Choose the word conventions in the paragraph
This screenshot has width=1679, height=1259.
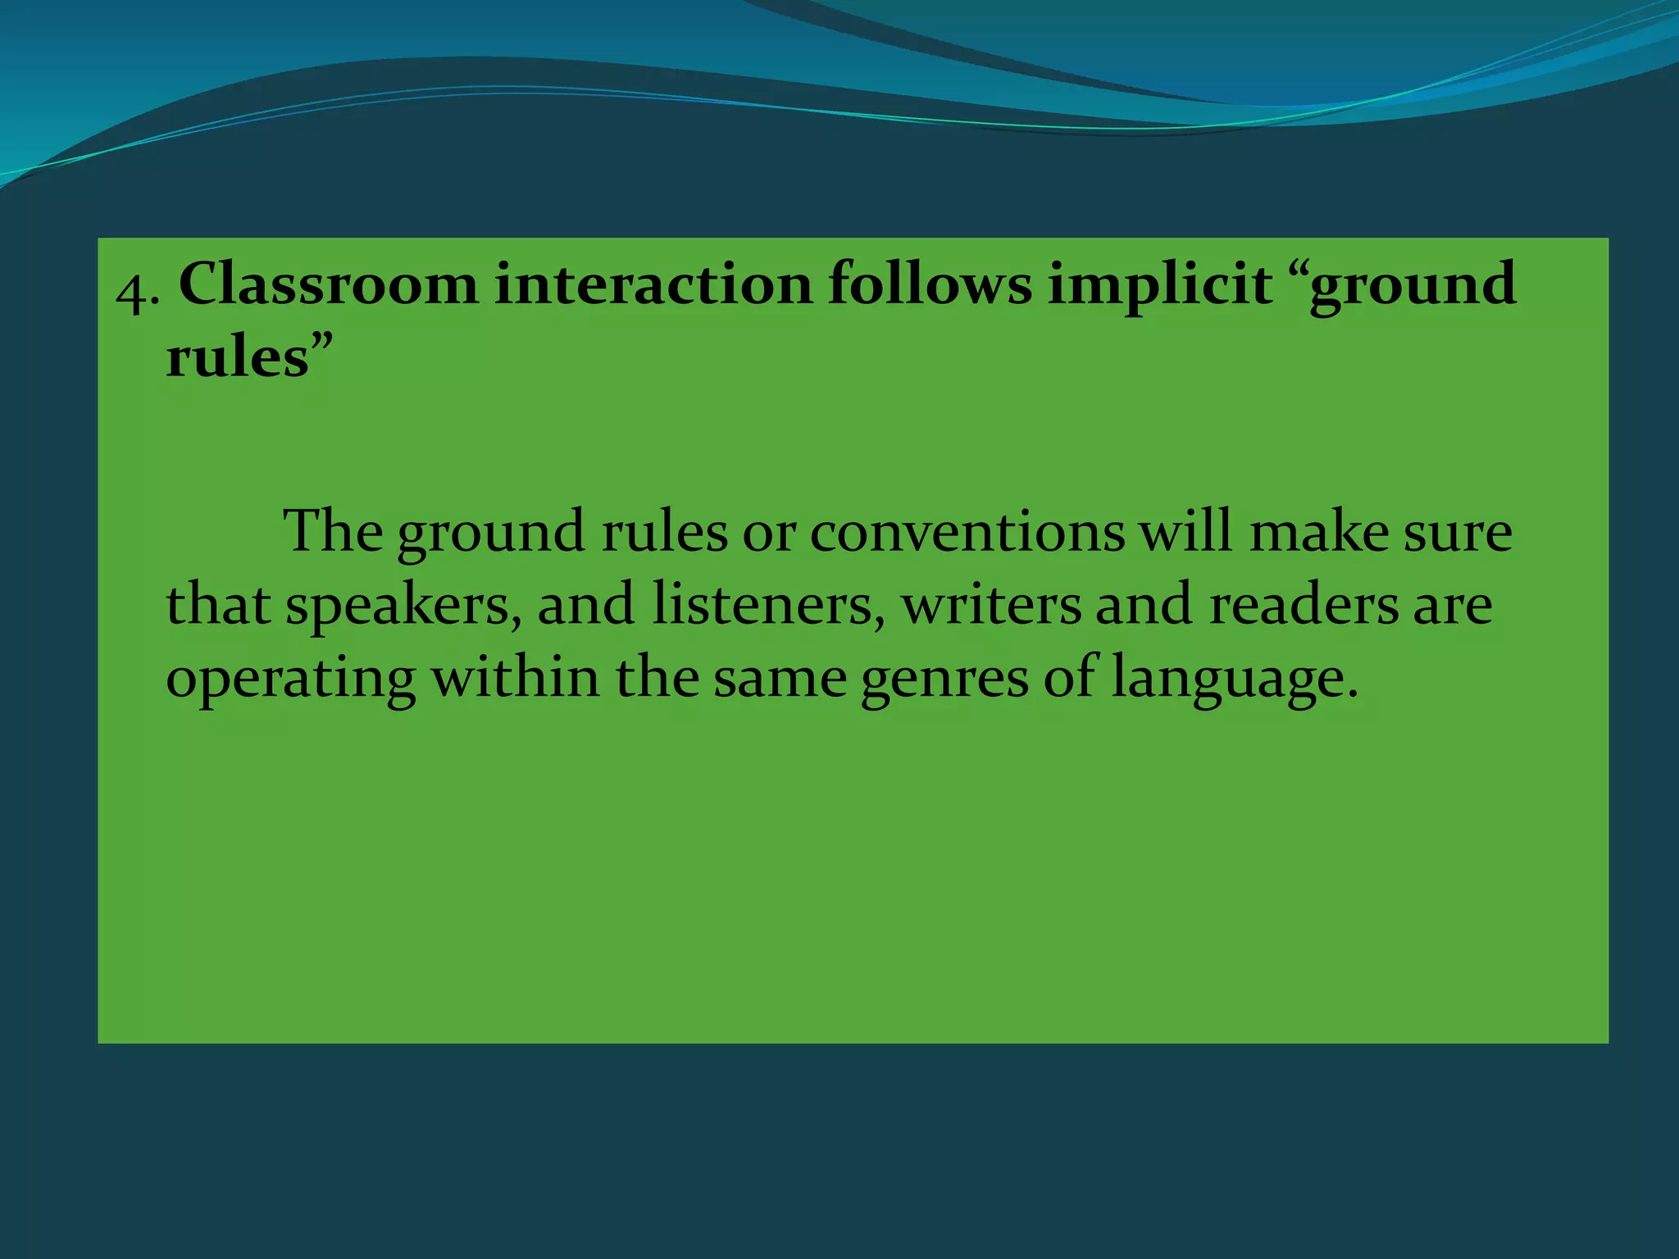pyautogui.click(x=967, y=532)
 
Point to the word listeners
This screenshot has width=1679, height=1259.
pyautogui.click(x=767, y=605)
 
